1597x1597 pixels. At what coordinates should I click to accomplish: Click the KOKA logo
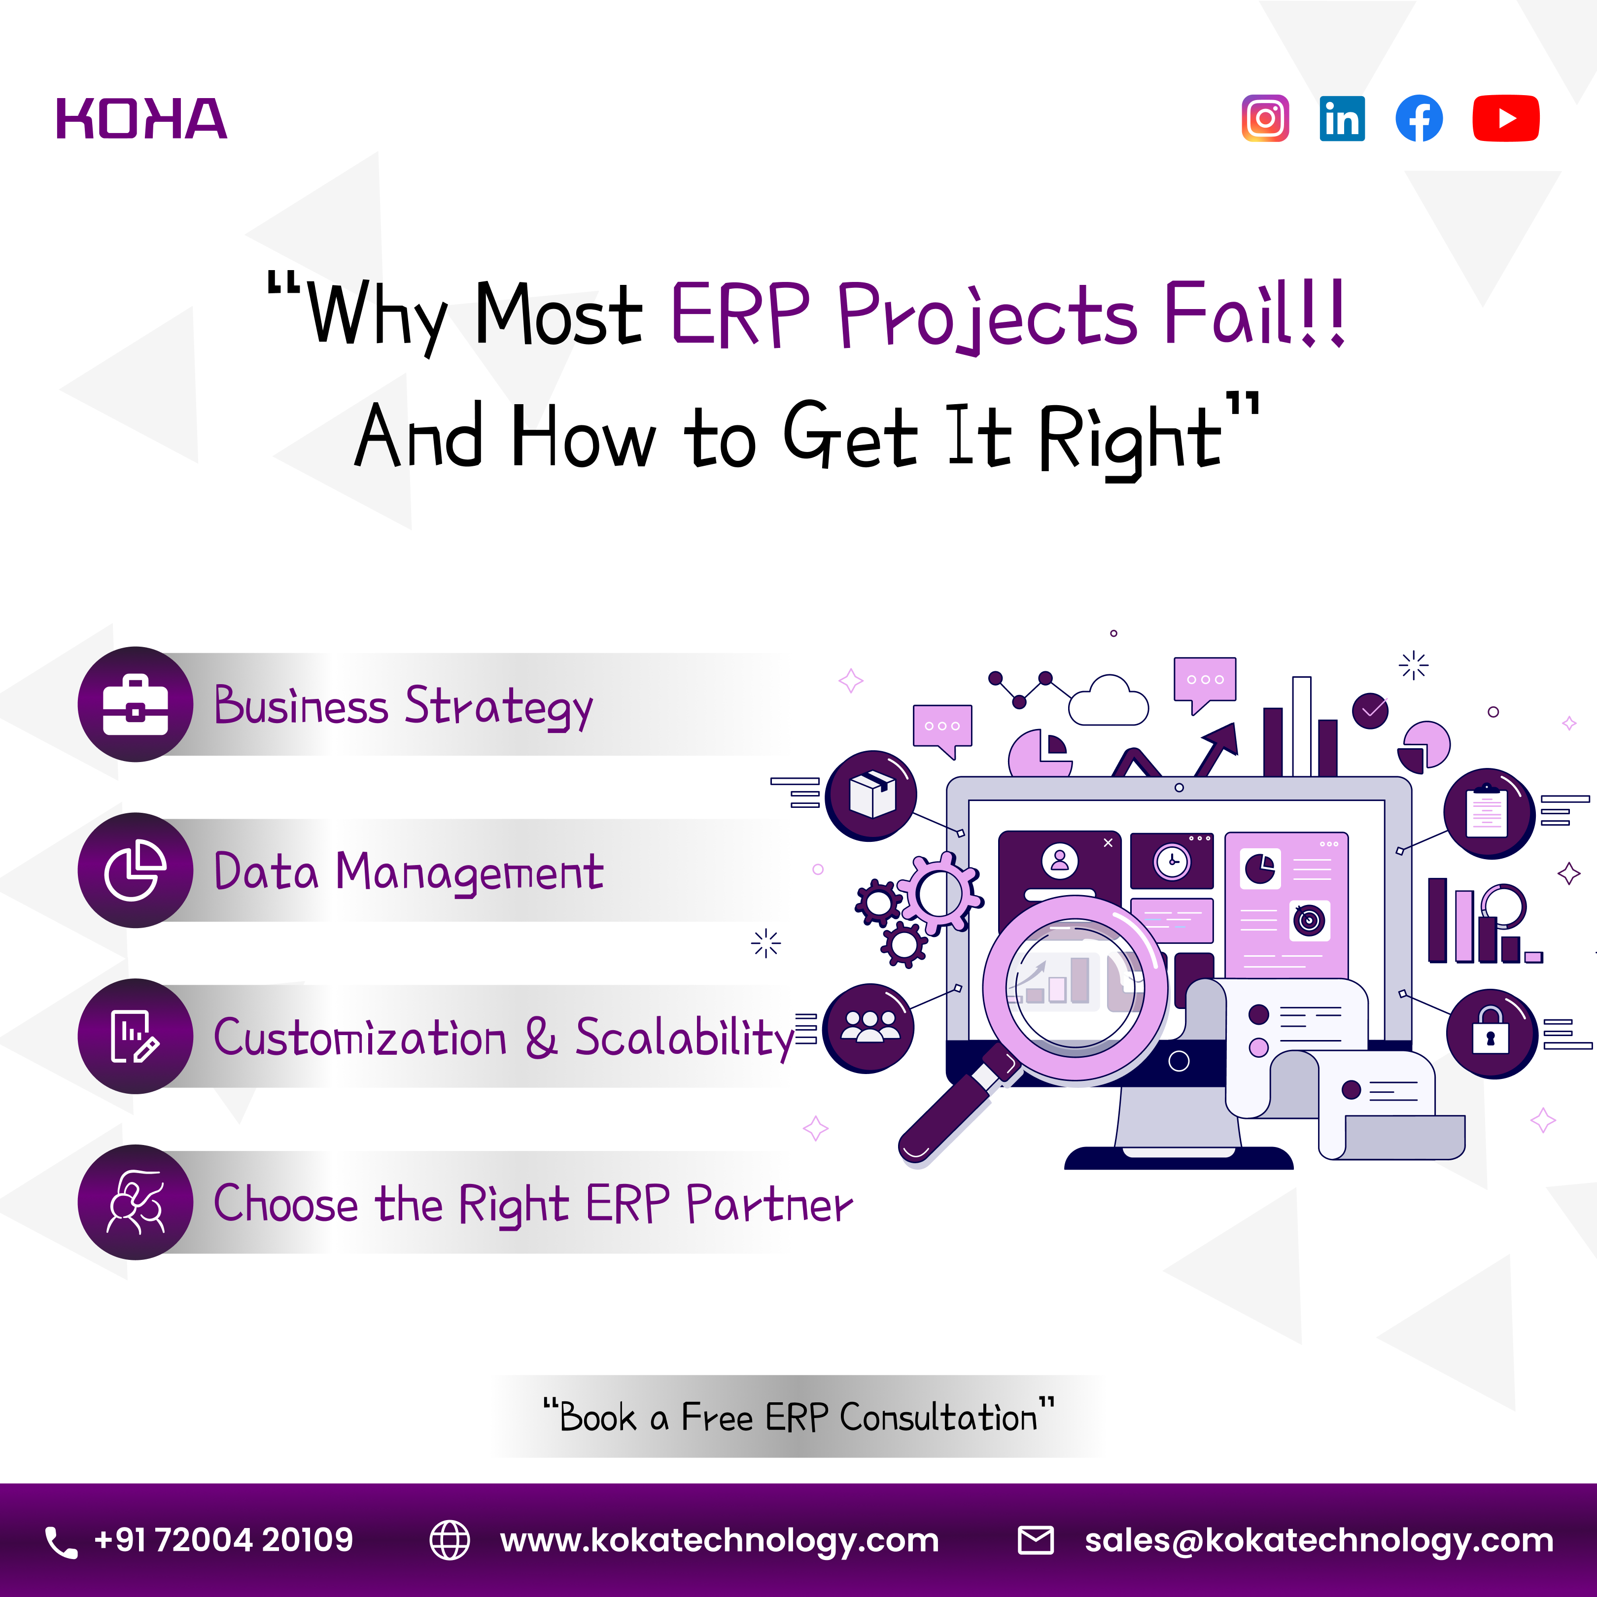[x=141, y=118]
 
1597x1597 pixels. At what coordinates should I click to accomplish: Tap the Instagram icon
[x=1265, y=118]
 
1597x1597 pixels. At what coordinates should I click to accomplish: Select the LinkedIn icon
[x=1342, y=118]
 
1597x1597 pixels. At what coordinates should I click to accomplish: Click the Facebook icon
[x=1419, y=118]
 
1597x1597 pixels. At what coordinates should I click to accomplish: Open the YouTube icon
[x=1505, y=118]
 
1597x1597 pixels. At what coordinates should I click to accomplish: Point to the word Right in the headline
[x=1128, y=438]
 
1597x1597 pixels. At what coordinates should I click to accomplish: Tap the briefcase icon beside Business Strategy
[x=136, y=704]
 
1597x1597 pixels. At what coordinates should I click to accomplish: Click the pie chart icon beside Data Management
[x=136, y=870]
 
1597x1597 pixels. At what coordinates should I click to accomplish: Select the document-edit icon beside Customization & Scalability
[x=136, y=1036]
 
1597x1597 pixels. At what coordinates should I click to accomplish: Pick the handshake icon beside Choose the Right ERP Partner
[x=136, y=1202]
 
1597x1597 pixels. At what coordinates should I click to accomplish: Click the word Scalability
[x=685, y=1038]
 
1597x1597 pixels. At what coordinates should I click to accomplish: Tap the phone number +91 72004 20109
[x=223, y=1540]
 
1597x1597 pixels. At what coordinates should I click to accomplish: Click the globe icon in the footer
[x=450, y=1540]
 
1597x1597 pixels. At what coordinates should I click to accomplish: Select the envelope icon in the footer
[x=1035, y=1540]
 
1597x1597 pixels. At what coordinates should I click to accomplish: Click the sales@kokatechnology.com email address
[x=1319, y=1540]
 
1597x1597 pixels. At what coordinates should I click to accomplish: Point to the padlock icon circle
[x=1491, y=1033]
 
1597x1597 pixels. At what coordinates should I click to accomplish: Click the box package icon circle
[x=871, y=795]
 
